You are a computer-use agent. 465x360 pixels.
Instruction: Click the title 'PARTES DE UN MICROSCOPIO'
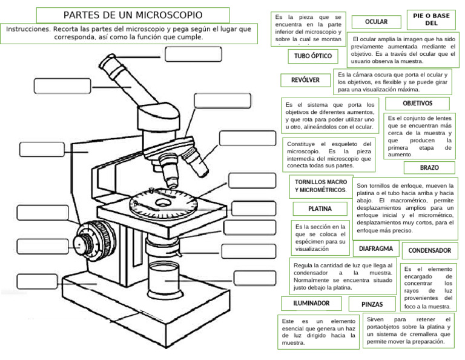click(x=133, y=15)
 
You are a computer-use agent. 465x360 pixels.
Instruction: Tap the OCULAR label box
click(x=376, y=22)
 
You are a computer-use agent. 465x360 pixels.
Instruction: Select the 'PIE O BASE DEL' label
click(x=431, y=20)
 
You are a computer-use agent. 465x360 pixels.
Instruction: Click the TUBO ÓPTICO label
click(x=313, y=56)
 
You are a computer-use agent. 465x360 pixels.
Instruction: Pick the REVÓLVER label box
click(x=305, y=80)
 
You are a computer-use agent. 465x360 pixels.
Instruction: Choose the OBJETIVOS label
click(x=417, y=104)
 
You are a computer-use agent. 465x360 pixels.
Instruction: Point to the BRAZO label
click(x=429, y=168)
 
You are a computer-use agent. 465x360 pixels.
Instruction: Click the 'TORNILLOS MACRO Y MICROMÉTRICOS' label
click(x=321, y=186)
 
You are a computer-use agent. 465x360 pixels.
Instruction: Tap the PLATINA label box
click(x=320, y=209)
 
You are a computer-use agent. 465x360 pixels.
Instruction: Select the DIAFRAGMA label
click(x=376, y=248)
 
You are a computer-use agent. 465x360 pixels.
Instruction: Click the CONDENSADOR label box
click(x=429, y=250)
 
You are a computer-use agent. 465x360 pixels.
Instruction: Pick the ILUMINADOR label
click(x=311, y=303)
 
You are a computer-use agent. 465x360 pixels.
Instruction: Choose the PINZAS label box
click(x=372, y=304)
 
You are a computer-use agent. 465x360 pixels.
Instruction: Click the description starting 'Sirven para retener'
click(x=409, y=330)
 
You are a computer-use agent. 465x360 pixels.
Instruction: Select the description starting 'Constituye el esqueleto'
click(x=329, y=155)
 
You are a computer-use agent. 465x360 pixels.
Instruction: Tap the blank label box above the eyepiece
click(x=188, y=54)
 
